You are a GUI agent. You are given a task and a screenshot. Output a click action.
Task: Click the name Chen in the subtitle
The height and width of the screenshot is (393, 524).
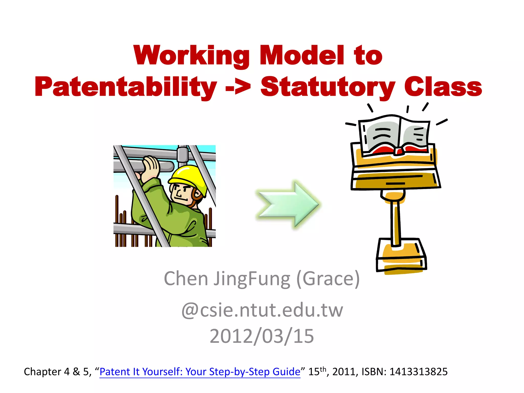coord(186,279)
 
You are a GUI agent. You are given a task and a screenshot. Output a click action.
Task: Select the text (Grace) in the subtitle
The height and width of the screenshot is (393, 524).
coord(328,279)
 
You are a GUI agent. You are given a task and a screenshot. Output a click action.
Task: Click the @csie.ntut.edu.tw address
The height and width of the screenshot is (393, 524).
coord(262,310)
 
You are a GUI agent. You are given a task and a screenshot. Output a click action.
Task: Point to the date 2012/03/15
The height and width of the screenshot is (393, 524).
coord(262,336)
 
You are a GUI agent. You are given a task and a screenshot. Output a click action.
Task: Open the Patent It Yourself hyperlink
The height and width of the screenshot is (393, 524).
coord(200,372)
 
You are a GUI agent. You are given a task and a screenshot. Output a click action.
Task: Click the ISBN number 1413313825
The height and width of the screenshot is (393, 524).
coord(418,372)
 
